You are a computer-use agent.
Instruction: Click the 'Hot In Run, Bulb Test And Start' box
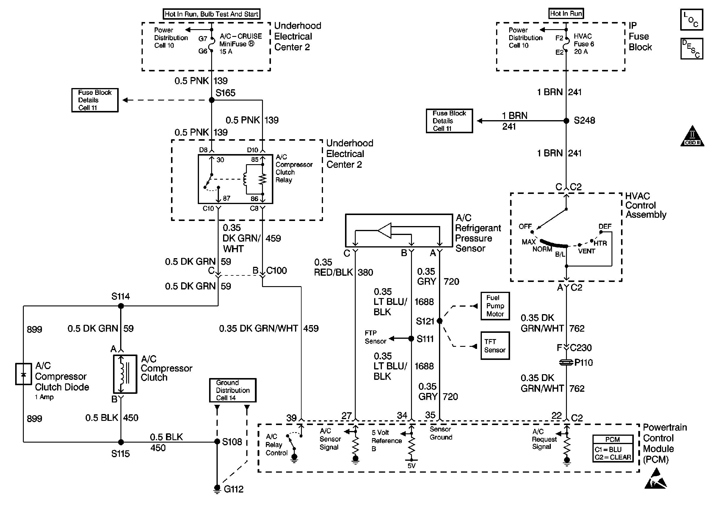pyautogui.click(x=211, y=14)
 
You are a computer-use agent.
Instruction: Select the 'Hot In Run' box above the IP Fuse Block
pyautogui.click(x=566, y=13)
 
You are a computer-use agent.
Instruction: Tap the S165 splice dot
pyautogui.click(x=212, y=100)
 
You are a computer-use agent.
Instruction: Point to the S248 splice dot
pyautogui.click(x=566, y=120)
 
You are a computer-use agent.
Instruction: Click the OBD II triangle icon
pyautogui.click(x=692, y=137)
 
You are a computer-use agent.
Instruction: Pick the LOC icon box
pyautogui.click(x=692, y=20)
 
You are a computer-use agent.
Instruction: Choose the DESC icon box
pyautogui.click(x=692, y=49)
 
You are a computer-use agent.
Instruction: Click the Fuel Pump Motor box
pyautogui.click(x=495, y=306)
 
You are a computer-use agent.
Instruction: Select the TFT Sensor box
pyautogui.click(x=495, y=346)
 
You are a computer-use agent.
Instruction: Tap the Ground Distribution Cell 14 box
pyautogui.click(x=233, y=390)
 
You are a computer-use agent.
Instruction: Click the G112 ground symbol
pyautogui.click(x=217, y=489)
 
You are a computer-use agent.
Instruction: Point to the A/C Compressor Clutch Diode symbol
pyautogui.click(x=23, y=374)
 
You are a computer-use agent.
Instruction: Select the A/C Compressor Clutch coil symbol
pyautogui.click(x=125, y=374)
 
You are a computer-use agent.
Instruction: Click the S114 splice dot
pyautogui.click(x=121, y=306)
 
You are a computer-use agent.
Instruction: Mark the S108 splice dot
pyautogui.click(x=217, y=442)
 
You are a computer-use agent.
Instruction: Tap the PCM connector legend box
pyautogui.click(x=612, y=448)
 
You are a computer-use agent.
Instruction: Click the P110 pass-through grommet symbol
pyautogui.click(x=566, y=363)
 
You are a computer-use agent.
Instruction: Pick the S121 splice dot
pyautogui.click(x=440, y=321)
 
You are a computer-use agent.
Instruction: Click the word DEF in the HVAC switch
pyautogui.click(x=605, y=227)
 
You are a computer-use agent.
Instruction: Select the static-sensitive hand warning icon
pyautogui.click(x=656, y=479)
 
